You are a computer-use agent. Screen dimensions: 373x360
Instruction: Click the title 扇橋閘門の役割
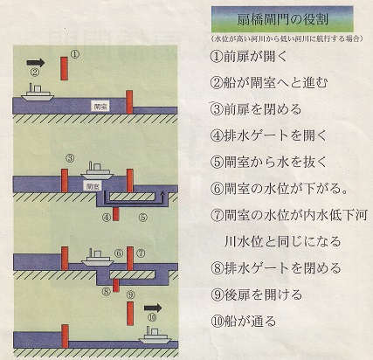click(x=282, y=19)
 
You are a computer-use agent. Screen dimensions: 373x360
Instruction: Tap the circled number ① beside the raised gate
click(x=75, y=54)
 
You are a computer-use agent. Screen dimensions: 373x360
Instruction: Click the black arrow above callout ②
click(x=36, y=63)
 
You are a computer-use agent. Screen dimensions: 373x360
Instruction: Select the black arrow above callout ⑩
click(x=153, y=308)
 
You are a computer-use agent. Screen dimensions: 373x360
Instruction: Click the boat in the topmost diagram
click(x=38, y=93)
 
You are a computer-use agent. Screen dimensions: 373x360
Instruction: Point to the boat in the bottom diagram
click(x=155, y=336)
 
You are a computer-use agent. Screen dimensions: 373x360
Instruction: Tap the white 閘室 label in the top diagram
click(x=100, y=107)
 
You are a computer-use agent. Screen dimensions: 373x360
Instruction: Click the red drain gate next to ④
click(x=116, y=214)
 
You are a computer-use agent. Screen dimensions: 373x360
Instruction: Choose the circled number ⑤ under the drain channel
click(x=142, y=217)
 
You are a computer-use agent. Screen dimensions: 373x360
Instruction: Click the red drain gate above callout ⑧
click(x=116, y=285)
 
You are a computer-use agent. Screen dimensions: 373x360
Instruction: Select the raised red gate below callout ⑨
click(x=130, y=314)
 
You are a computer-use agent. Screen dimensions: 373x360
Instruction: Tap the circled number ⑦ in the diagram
click(x=141, y=253)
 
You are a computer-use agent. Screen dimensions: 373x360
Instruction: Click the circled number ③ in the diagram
click(x=70, y=158)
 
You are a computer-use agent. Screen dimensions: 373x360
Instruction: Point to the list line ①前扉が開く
click(x=249, y=56)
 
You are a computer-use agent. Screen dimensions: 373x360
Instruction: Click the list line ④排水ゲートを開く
click(x=269, y=135)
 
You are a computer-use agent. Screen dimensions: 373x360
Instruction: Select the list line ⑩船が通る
click(x=243, y=322)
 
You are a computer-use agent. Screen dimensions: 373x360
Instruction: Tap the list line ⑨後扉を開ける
click(x=256, y=294)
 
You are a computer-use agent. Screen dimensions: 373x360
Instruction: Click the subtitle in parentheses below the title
click(x=287, y=38)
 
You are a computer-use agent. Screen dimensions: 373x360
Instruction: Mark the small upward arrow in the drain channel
click(x=162, y=195)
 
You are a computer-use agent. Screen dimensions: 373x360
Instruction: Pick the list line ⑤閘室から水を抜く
click(x=269, y=162)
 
